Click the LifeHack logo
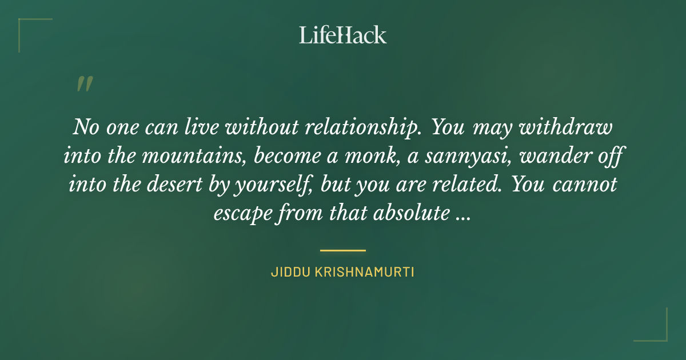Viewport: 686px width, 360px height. (x=343, y=35)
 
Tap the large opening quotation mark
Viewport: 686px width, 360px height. (x=84, y=84)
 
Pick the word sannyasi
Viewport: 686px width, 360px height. (x=477, y=156)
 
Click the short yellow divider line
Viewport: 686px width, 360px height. (x=343, y=250)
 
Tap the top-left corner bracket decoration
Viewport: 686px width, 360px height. (x=26, y=26)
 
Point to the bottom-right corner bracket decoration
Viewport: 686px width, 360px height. (x=660, y=334)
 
